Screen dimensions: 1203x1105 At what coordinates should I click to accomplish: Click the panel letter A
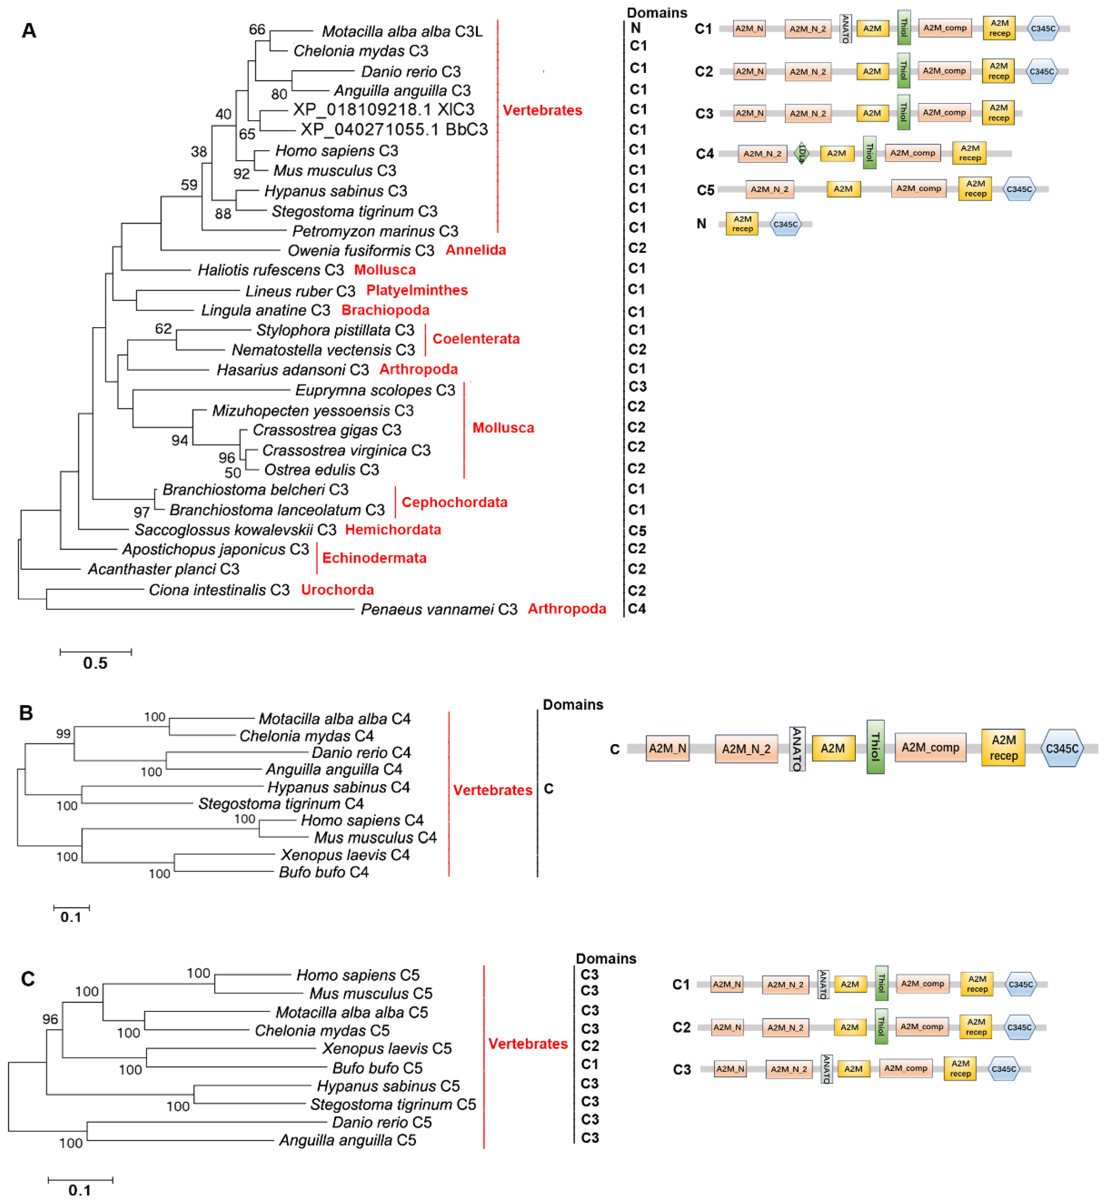[x=29, y=31]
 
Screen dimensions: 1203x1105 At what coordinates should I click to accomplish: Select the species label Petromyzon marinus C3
[x=375, y=232]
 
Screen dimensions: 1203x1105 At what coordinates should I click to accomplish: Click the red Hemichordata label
[x=393, y=530]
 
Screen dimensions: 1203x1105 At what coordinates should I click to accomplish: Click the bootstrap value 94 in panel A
[x=179, y=441]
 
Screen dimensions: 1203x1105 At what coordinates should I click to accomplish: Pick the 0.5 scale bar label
[x=95, y=663]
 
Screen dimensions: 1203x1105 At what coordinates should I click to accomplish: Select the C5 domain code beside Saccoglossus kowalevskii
[x=637, y=531]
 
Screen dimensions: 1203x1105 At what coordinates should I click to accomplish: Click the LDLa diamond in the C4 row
[x=801, y=154]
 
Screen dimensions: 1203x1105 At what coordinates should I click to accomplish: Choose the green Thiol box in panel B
[x=875, y=747]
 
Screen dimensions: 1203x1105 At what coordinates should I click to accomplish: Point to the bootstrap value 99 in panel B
[x=63, y=734]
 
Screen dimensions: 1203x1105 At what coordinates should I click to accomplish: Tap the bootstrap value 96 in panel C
[x=50, y=1019]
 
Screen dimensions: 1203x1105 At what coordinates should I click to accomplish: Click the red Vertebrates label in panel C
[x=528, y=1044]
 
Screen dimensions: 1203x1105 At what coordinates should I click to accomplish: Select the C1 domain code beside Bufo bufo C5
[x=590, y=1064]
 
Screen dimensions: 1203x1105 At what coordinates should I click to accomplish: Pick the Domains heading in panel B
[x=573, y=705]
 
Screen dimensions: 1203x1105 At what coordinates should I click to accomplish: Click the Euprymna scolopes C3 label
[x=375, y=390]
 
